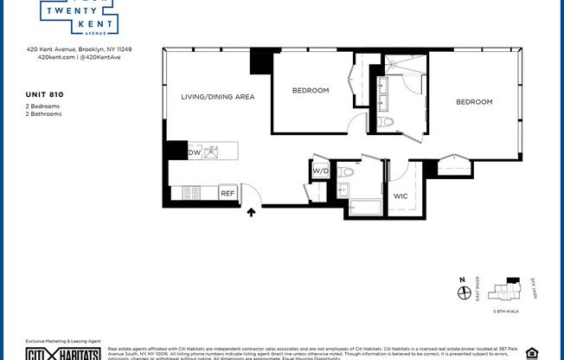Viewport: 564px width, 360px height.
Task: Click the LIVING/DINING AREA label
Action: pos(217,97)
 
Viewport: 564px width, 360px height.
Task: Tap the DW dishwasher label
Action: pos(194,152)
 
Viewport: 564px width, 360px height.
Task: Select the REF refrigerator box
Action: pos(228,194)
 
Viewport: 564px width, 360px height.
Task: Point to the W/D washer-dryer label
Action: pos(320,170)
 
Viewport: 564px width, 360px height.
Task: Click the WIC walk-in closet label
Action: pos(401,196)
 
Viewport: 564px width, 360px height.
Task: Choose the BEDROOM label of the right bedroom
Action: pos(474,102)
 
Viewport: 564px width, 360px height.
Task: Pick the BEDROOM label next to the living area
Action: pos(310,90)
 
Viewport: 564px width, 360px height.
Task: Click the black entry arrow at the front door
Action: pos(251,212)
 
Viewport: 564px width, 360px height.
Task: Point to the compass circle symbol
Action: pos(463,293)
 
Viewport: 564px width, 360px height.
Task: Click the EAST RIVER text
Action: pos(479,292)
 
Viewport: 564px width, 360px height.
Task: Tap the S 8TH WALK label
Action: pos(505,311)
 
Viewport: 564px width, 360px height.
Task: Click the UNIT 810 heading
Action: pos(44,93)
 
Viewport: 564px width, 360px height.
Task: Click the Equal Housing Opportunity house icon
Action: pos(531,353)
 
